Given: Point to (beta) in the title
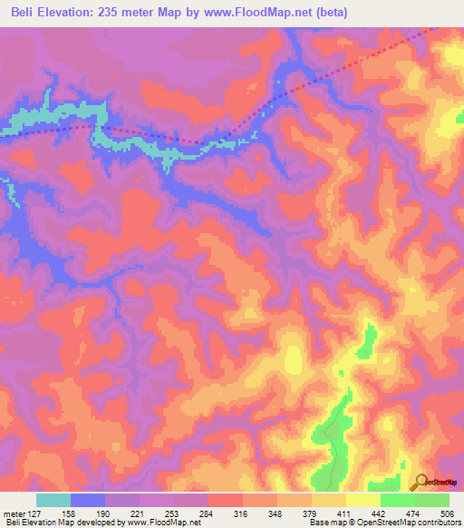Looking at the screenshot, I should point(349,12).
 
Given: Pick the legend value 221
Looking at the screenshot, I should point(140,513).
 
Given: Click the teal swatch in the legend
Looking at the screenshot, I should point(53,500).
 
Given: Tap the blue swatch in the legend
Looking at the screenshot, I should point(88,500).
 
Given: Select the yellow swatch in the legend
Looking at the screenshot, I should point(362,500).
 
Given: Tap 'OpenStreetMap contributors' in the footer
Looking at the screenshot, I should point(406,523).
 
